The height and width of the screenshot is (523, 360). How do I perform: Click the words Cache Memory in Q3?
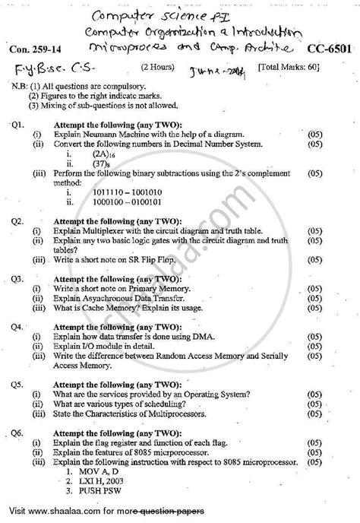[x=97, y=309]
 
